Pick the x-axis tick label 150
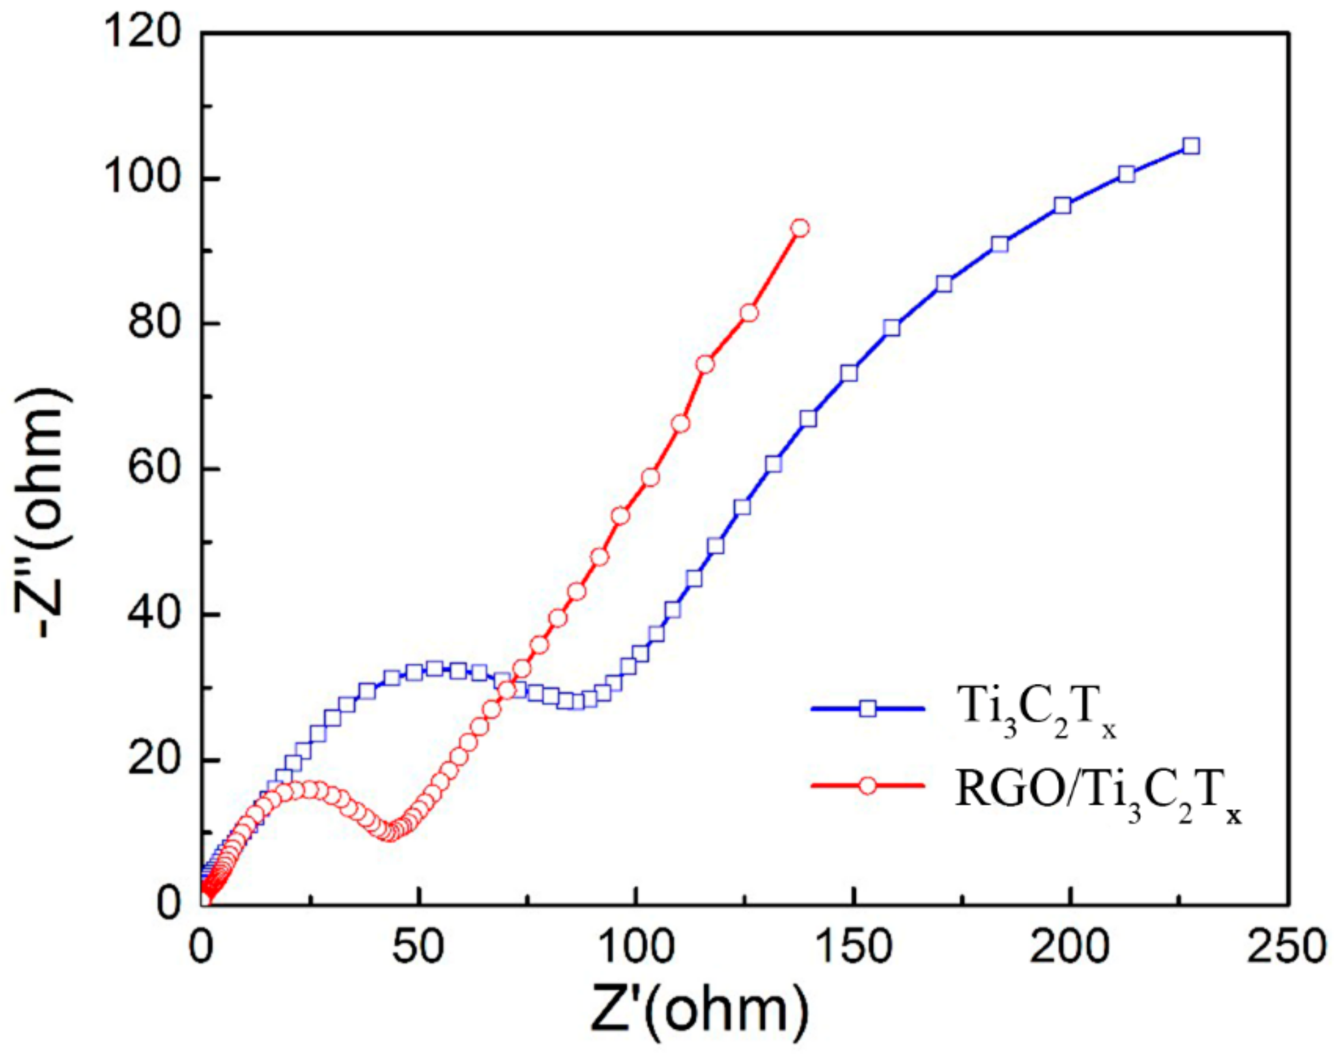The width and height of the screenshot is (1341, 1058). tap(853, 949)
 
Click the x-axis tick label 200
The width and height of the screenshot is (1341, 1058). tap(1070, 949)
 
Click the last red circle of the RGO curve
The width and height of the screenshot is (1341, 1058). tap(800, 228)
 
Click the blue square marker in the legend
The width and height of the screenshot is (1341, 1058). tap(868, 708)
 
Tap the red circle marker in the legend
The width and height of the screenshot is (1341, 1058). tap(868, 786)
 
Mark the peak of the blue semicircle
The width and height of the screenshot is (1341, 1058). tap(434, 668)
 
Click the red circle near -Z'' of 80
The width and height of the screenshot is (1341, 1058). tap(749, 313)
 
